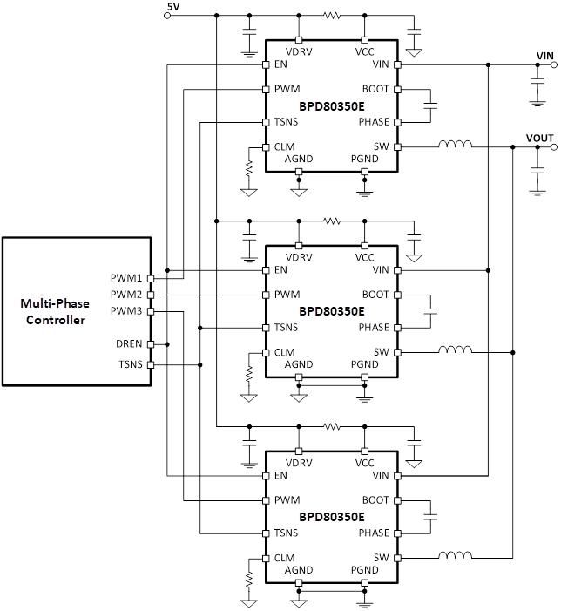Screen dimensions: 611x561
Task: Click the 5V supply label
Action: [x=172, y=7]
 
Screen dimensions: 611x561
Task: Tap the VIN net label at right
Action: [x=544, y=55]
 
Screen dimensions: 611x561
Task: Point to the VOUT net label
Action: [x=540, y=138]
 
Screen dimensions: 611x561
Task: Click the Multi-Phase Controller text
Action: [x=54, y=312]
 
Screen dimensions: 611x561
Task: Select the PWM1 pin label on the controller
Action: [x=126, y=278]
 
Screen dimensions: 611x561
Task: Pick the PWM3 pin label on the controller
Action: [x=126, y=311]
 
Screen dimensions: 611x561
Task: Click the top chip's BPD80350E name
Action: [x=332, y=105]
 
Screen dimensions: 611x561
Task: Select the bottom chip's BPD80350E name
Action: [x=332, y=517]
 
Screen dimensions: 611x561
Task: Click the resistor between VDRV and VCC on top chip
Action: [x=331, y=15]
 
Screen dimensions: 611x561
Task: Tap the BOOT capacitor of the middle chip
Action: [x=429, y=311]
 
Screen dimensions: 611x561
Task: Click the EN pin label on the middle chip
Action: [x=280, y=270]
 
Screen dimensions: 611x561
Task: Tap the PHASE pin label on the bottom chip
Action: [x=374, y=533]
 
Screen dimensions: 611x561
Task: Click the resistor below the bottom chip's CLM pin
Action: [x=249, y=578]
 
